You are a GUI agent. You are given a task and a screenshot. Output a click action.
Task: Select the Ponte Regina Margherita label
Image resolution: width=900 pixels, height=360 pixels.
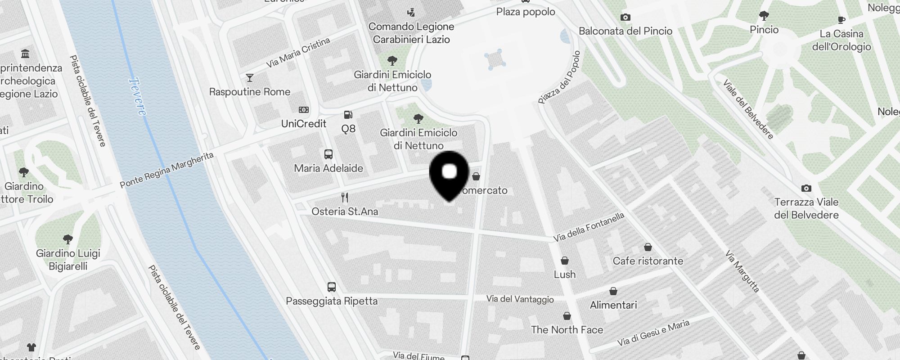167,170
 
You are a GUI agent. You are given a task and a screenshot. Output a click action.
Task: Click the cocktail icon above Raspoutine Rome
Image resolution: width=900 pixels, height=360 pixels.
249,78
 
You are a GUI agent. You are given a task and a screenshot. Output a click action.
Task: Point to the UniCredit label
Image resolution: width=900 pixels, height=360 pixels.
304,124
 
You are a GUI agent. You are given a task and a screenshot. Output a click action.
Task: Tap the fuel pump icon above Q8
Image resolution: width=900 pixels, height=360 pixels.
348,115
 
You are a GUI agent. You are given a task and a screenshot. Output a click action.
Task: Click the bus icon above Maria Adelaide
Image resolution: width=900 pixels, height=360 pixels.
328,154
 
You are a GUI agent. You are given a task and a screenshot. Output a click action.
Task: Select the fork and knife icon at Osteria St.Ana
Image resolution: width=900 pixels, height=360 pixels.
345,198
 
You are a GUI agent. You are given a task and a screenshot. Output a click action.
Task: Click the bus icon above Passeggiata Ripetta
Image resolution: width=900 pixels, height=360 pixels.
332,287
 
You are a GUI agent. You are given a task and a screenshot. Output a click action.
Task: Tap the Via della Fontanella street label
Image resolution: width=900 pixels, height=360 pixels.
589,227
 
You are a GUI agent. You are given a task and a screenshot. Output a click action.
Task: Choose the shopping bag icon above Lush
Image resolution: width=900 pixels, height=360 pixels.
565,261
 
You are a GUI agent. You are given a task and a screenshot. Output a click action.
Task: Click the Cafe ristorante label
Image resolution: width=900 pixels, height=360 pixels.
648,261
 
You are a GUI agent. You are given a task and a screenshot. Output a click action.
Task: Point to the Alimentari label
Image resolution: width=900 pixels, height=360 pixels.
613,305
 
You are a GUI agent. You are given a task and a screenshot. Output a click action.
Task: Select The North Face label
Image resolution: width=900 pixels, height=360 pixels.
567,330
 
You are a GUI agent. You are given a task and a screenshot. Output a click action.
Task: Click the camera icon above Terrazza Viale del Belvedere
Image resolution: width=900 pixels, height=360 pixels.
806,188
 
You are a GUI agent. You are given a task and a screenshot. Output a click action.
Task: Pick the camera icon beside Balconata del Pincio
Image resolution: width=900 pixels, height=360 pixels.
625,18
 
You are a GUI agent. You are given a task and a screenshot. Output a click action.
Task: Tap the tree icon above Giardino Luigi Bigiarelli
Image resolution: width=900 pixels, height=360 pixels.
68,239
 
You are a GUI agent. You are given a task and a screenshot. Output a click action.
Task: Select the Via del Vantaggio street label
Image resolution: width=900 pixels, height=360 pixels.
520,299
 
